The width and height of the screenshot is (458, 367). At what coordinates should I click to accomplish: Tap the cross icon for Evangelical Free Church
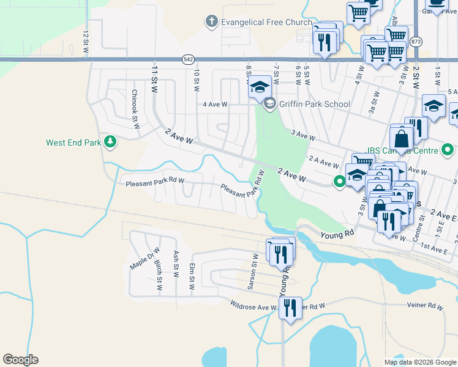point(212,22)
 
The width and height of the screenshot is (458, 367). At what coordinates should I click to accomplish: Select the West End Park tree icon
point(110,143)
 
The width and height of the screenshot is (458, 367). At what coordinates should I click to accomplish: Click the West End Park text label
point(73,143)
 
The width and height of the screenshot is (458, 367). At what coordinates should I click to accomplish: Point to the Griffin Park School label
point(315,105)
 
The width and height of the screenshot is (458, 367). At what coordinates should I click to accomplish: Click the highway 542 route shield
point(188,59)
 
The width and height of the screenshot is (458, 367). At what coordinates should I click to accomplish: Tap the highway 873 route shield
point(416,42)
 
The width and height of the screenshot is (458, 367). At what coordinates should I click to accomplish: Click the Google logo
point(20,360)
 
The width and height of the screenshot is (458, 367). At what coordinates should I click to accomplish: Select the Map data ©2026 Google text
point(419,362)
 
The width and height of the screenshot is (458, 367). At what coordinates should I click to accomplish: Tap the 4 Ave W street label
point(216,105)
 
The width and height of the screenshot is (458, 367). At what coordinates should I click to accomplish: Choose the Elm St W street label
point(192,276)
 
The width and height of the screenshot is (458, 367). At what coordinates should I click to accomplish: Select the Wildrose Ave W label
point(253,305)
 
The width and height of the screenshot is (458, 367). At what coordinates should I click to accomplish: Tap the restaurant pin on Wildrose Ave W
point(290,308)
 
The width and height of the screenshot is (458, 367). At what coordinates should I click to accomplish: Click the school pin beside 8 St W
point(260,87)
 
